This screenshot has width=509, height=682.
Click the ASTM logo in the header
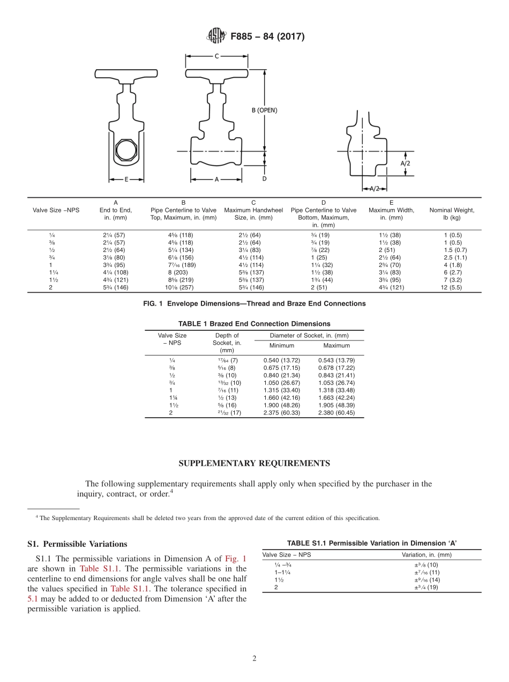click(x=216, y=36)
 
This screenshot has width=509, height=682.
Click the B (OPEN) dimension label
click(x=264, y=110)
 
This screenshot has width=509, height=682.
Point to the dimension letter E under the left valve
click(x=126, y=180)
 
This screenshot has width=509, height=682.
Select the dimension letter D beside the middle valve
click(x=264, y=179)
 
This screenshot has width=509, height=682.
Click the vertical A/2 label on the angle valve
click(x=405, y=162)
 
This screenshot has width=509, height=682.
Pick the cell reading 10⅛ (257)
click(x=183, y=287)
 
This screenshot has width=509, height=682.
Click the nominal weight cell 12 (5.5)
click(x=452, y=287)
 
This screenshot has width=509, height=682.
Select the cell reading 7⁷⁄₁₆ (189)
click(x=183, y=265)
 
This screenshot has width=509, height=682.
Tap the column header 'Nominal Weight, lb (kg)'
click(x=452, y=214)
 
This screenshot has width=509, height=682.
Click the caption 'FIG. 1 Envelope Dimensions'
click(x=254, y=303)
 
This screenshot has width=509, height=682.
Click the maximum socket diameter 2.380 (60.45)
click(x=336, y=413)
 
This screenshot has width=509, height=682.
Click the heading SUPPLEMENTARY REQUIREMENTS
click(x=254, y=463)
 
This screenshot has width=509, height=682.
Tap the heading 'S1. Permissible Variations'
click(x=77, y=544)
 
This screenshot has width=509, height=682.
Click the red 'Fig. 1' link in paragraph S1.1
click(x=236, y=559)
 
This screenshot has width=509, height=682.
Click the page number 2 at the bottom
click(x=254, y=659)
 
